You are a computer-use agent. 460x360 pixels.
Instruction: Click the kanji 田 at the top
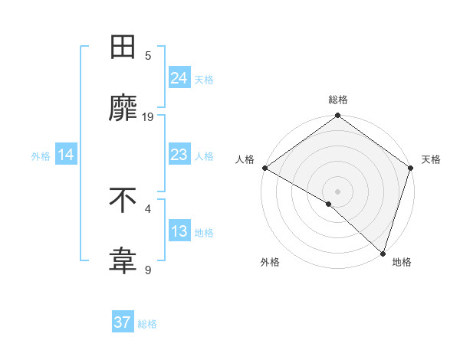point(123,47)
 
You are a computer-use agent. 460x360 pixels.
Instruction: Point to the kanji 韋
point(123,261)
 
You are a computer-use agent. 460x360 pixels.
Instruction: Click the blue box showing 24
point(179,77)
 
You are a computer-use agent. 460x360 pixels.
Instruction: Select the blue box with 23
point(179,155)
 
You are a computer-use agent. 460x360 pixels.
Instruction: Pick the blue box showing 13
point(179,231)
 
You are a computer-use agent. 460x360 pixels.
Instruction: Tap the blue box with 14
point(66,155)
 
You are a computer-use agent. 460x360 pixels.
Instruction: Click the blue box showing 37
point(122,322)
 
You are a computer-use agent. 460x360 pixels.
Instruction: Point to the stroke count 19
point(148,116)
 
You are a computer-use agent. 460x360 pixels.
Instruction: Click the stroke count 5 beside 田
point(148,55)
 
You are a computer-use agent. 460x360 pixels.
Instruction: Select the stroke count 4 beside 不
point(148,208)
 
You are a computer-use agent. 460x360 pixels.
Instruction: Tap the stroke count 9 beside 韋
point(148,270)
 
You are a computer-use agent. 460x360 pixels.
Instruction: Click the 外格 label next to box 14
point(41,155)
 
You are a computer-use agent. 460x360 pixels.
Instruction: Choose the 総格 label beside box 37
point(147,324)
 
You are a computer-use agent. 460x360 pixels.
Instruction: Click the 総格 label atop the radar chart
point(338,100)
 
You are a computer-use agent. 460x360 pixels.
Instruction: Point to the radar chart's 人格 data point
point(264,168)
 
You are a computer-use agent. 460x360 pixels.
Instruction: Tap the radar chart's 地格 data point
point(383,254)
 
